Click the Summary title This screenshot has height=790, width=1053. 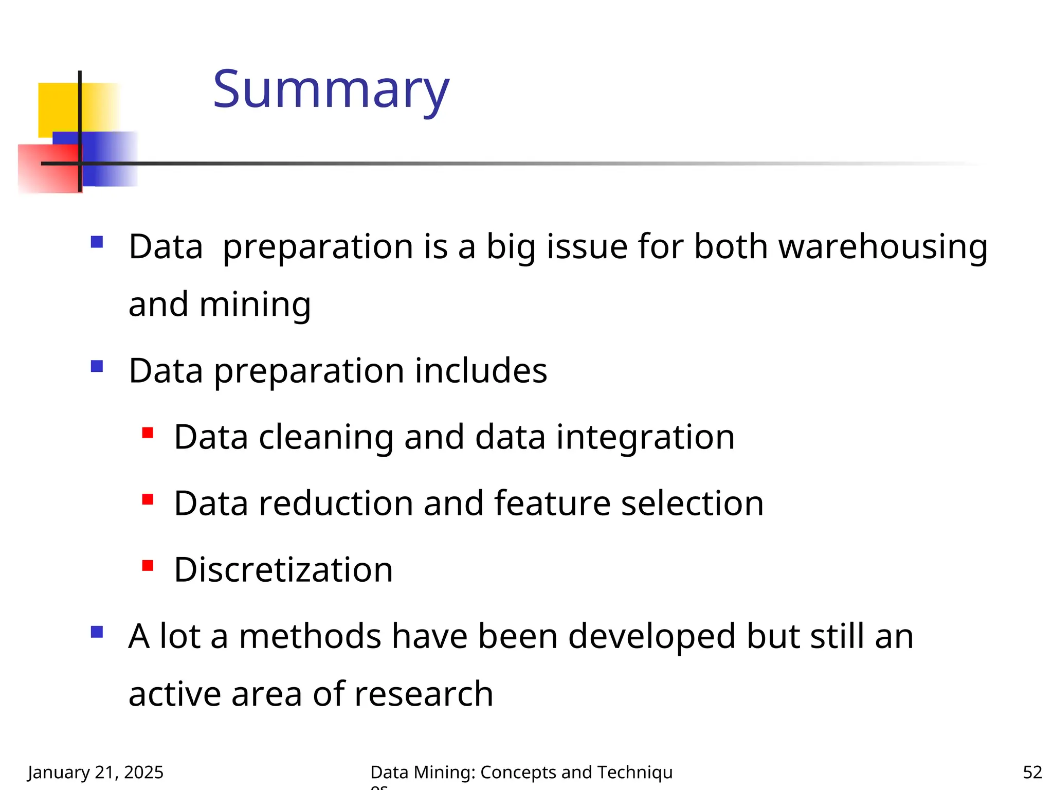[x=331, y=90]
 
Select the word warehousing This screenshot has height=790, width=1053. [x=883, y=246]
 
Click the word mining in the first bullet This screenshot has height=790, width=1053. [x=255, y=304]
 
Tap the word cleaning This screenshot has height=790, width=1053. [x=326, y=437]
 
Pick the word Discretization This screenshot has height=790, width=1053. [x=283, y=570]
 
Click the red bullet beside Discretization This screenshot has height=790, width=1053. [x=148, y=566]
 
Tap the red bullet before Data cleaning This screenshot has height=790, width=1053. [x=148, y=433]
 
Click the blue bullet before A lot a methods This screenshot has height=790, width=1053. [x=97, y=632]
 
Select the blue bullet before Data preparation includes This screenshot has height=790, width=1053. [x=97, y=366]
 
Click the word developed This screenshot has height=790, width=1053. [x=651, y=636]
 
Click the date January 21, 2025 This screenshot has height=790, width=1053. [x=96, y=772]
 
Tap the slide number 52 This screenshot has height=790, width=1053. [x=1032, y=772]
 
